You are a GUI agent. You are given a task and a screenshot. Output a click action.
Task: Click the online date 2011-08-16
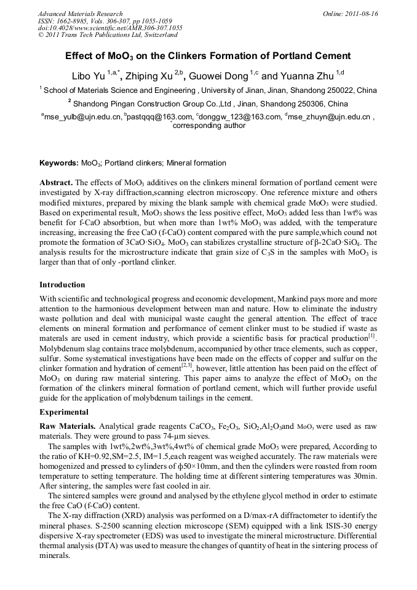point(360,13)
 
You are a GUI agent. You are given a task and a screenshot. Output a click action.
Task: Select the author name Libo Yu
point(89,77)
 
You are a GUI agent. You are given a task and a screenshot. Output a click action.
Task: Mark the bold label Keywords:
point(59,163)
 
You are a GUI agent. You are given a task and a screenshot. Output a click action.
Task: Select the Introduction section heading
point(62,285)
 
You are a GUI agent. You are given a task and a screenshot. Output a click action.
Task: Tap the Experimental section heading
point(64,412)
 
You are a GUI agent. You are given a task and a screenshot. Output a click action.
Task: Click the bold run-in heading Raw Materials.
point(67,426)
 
